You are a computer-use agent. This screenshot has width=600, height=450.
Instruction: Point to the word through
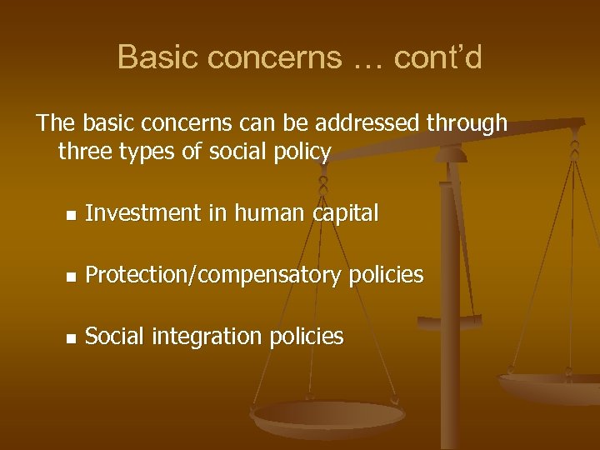(x=467, y=123)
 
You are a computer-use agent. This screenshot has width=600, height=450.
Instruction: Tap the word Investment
(x=143, y=213)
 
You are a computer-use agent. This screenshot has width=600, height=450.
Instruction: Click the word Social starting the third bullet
(x=114, y=336)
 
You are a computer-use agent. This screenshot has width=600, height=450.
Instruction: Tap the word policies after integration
(x=306, y=337)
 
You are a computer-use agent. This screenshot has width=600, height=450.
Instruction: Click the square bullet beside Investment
(x=72, y=215)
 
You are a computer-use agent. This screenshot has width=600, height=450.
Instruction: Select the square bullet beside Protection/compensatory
(x=72, y=276)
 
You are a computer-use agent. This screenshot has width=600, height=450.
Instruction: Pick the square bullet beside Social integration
(x=72, y=337)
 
